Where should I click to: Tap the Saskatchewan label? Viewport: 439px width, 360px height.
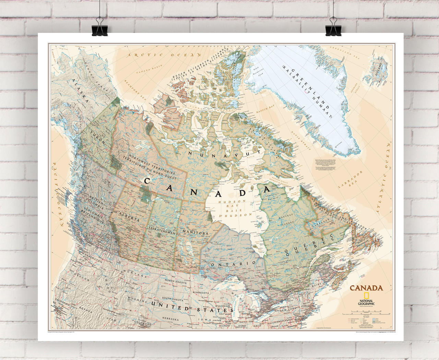coord(161,231)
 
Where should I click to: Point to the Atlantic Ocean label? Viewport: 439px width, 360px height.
coord(384,178)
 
